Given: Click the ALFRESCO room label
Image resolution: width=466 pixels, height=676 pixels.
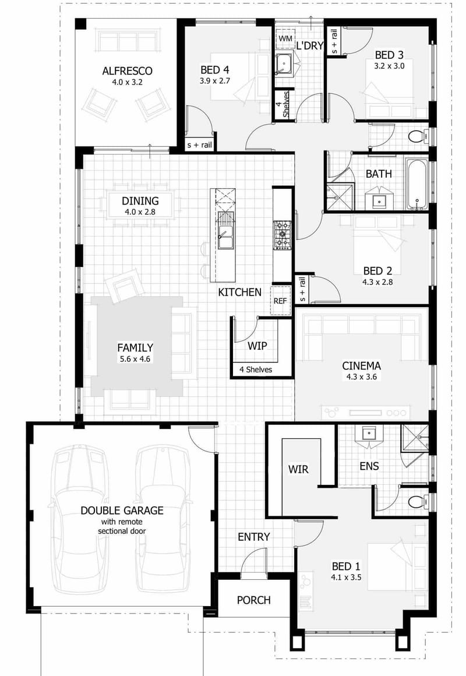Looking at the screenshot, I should click(127, 71).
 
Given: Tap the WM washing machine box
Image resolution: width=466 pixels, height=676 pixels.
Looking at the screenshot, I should click(285, 38).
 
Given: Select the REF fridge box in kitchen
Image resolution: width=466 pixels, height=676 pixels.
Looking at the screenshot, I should click(280, 301).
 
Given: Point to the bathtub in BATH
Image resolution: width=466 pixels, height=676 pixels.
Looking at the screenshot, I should click(416, 184).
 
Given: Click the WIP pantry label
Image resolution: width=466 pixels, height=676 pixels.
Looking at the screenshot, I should click(257, 346).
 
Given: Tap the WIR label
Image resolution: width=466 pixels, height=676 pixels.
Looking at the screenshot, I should click(298, 469).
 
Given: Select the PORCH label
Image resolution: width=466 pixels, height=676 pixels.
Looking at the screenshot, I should click(254, 600).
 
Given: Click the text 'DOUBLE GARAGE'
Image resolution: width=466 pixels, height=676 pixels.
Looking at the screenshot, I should click(122, 510).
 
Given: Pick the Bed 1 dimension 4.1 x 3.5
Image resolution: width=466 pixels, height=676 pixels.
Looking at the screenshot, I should click(346, 579).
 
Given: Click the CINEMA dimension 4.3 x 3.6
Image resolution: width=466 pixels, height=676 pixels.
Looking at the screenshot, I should click(361, 377).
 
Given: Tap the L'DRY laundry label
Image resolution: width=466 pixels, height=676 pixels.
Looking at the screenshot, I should click(310, 45).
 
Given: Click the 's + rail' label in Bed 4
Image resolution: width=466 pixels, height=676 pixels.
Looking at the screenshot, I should click(199, 145).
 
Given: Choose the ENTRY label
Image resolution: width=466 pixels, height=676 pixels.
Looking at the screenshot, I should click(254, 537).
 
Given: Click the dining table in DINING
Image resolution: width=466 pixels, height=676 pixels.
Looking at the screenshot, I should click(140, 205).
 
